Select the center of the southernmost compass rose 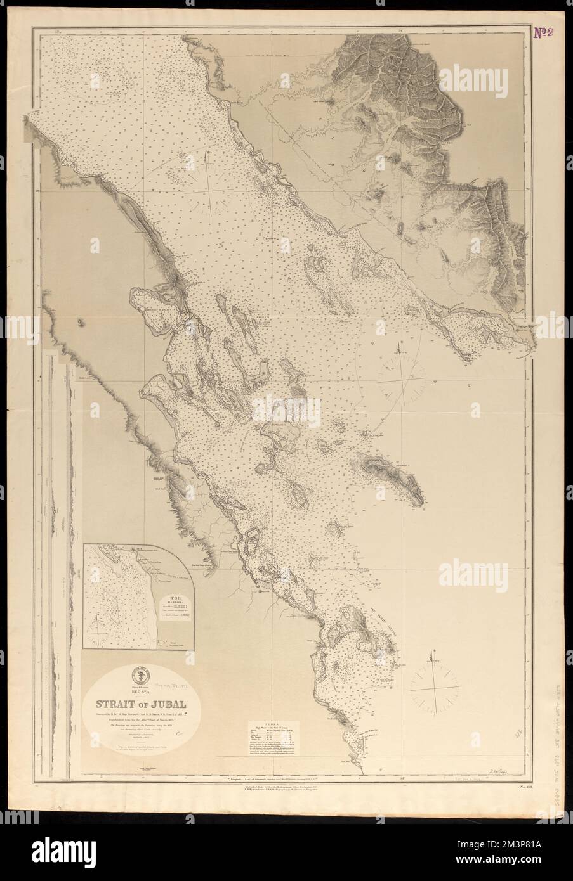(435, 688)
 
